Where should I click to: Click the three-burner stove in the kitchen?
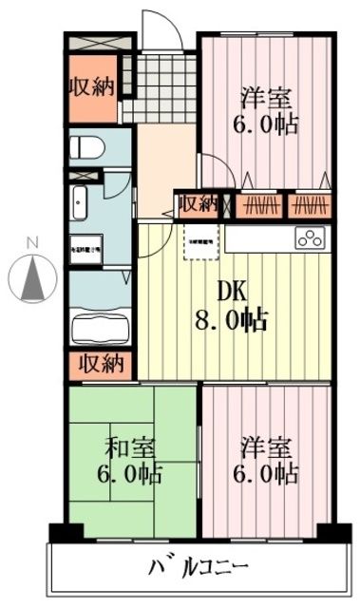tap(311, 238)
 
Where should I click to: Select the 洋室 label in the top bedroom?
tap(265, 109)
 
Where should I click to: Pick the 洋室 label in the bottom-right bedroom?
tap(266, 459)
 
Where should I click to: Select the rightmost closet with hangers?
tap(311, 203)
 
